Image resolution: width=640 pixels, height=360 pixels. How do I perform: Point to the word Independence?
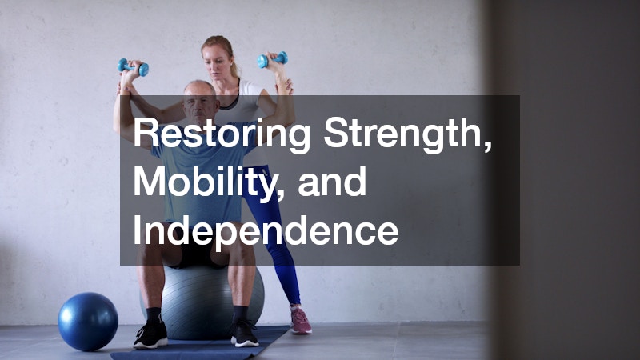[x=266, y=230]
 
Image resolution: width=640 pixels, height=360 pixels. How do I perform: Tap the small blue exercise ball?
[x=87, y=321]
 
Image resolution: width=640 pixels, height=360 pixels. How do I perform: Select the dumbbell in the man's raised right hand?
[x=132, y=67]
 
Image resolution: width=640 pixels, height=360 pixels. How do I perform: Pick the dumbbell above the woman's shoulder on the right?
[x=272, y=60]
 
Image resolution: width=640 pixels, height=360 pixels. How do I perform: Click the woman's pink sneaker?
[x=300, y=321]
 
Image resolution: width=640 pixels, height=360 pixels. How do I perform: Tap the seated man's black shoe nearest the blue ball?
[x=150, y=334]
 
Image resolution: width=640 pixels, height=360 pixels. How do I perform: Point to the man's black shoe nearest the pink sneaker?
[x=244, y=332]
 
